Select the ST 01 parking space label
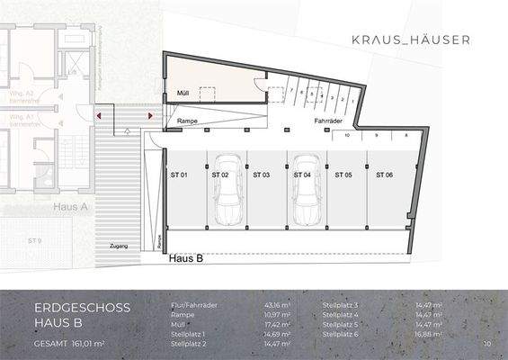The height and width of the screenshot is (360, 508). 178,174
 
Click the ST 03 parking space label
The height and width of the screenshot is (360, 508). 261,174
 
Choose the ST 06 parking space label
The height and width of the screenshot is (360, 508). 384,174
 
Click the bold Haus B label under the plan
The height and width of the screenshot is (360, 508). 186,257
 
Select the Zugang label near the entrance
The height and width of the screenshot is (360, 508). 119,246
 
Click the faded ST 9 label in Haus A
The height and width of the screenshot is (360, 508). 35,241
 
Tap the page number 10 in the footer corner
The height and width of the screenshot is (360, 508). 486,344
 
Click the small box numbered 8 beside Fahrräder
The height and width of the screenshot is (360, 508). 406,135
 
